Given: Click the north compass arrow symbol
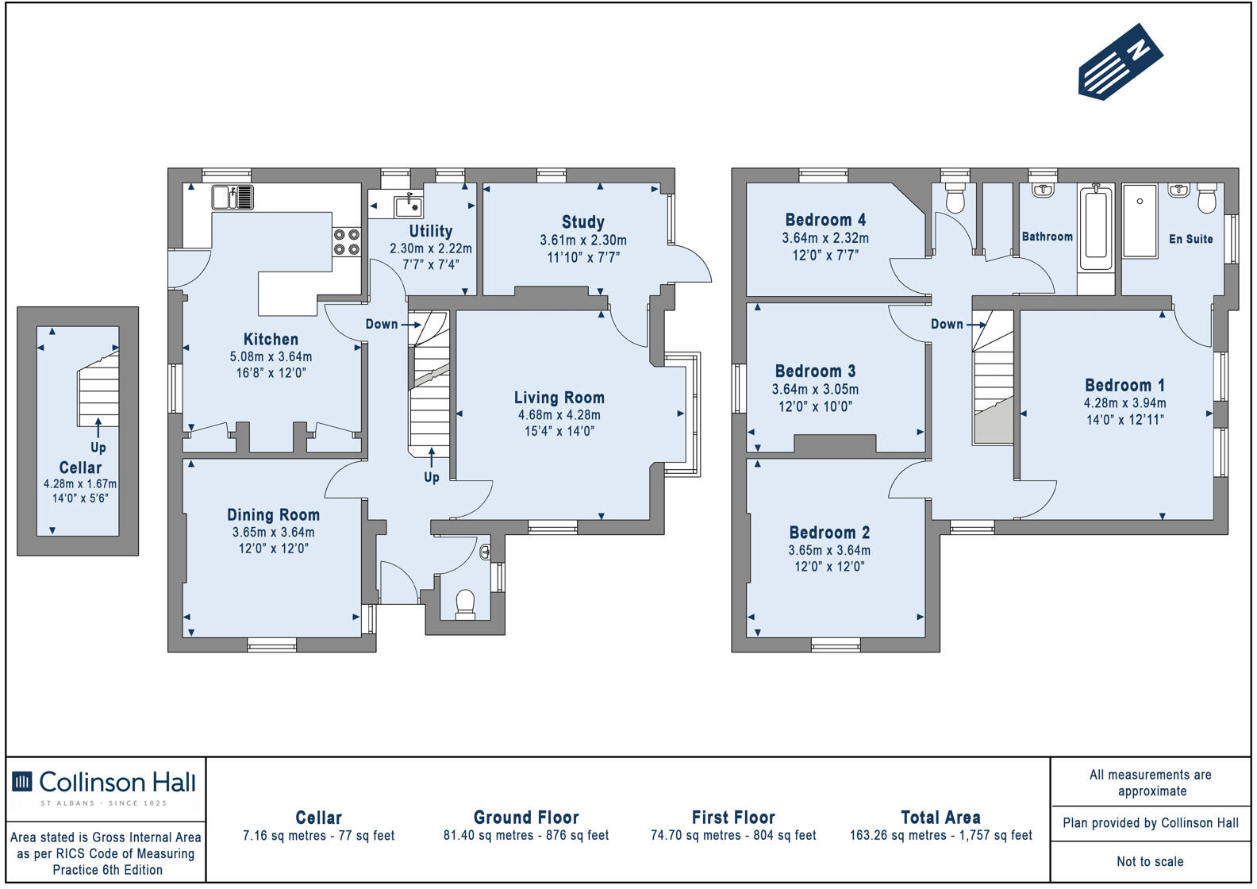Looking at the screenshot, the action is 1120,62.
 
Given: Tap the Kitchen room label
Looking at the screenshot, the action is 271,339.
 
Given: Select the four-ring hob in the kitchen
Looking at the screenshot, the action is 347,242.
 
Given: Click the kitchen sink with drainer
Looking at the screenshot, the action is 233,198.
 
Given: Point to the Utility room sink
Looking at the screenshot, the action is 409,206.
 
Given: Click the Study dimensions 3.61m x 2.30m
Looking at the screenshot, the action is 583,241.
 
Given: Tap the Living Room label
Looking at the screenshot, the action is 559,398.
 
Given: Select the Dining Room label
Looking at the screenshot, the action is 273,514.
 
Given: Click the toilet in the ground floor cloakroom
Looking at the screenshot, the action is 465,604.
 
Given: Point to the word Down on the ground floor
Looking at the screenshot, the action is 382,324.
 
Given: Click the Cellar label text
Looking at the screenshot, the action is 80,468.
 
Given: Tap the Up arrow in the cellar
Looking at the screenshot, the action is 98,428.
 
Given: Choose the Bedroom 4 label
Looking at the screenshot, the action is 825,219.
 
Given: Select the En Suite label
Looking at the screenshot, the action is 1191,239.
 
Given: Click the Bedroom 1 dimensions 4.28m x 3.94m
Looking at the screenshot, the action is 1124,403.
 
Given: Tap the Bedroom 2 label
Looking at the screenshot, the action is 829,532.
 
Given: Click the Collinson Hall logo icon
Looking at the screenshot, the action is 22,781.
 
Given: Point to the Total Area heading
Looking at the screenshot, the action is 940,817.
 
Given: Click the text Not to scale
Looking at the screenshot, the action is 1150,861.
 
